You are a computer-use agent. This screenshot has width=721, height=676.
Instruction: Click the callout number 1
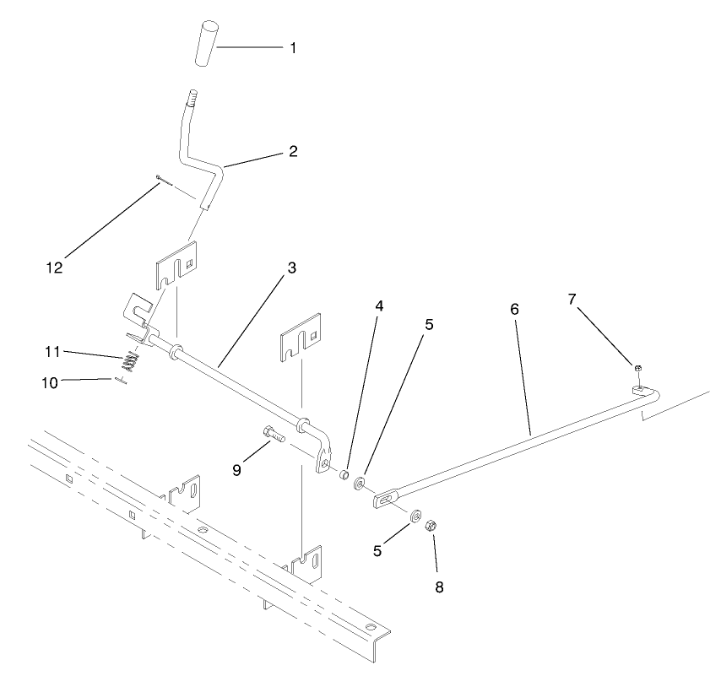click(293, 48)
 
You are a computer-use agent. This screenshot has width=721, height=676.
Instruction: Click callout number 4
click(379, 306)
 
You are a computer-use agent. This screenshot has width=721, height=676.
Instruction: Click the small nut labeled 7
click(639, 368)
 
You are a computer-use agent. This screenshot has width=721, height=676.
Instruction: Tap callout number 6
click(514, 309)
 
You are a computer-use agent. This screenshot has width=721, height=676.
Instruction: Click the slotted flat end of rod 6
click(387, 500)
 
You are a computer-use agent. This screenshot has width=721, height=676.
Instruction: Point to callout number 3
click(291, 268)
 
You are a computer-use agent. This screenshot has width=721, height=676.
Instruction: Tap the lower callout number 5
click(377, 550)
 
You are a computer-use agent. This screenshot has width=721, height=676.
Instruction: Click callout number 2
click(293, 152)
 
